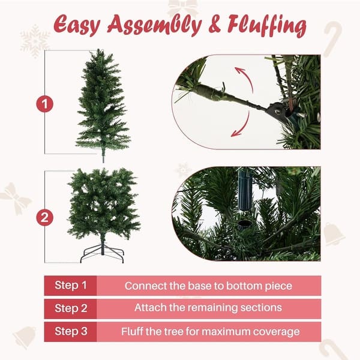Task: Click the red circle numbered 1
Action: tap(44, 104)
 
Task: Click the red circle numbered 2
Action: tap(44, 217)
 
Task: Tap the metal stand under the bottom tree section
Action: tap(102, 252)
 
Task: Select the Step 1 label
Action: tap(71, 286)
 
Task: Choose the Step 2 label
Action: tap(71, 308)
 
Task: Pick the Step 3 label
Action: tap(71, 331)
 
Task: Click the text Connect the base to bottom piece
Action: tap(208, 286)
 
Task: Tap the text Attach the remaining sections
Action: tap(208, 308)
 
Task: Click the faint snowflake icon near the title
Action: tap(35, 40)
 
